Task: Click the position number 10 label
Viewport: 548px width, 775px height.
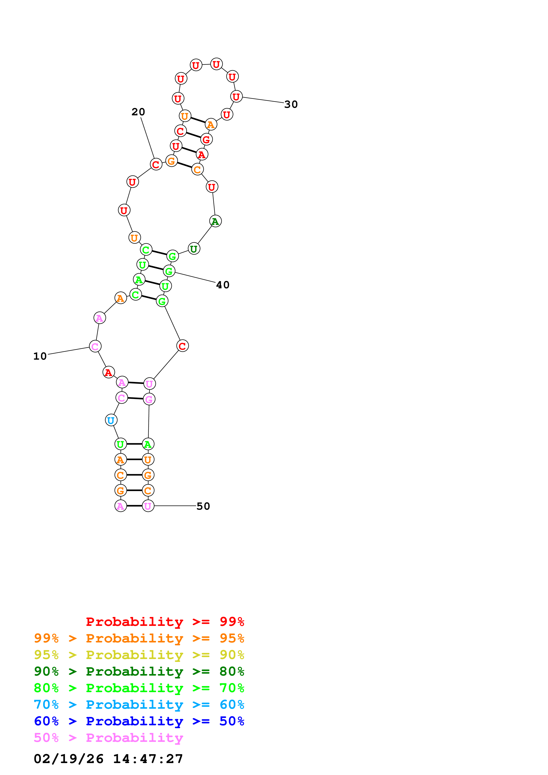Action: pyautogui.click(x=40, y=356)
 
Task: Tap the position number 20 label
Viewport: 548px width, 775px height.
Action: pyautogui.click(x=138, y=112)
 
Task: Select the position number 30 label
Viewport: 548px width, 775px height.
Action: pyautogui.click(x=291, y=104)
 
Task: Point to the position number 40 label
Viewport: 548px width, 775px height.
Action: pyautogui.click(x=223, y=285)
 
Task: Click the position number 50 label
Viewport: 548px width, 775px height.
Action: pyautogui.click(x=203, y=506)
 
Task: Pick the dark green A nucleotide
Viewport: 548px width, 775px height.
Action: pyautogui.click(x=215, y=221)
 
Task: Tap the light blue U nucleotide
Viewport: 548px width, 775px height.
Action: pyautogui.click(x=111, y=420)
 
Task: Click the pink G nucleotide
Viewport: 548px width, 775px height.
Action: pyautogui.click(x=149, y=399)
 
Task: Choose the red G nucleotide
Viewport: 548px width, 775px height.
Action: pyautogui.click(x=206, y=139)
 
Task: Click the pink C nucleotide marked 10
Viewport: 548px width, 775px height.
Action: pyautogui.click(x=95, y=346)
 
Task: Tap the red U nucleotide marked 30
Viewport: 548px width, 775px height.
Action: pyautogui.click(x=236, y=97)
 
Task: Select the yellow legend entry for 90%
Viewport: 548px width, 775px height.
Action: pyautogui.click(x=139, y=655)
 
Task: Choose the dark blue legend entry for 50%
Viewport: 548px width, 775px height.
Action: pyautogui.click(x=139, y=721)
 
